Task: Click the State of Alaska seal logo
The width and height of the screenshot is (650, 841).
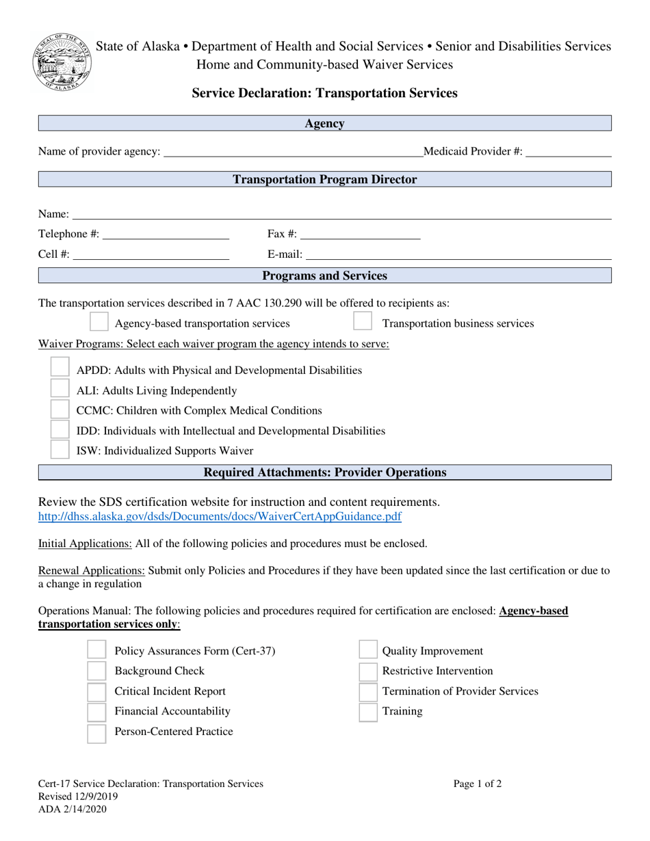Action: point(60,62)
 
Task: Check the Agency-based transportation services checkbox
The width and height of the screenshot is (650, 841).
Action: point(99,322)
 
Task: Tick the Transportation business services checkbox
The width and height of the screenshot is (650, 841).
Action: point(363,322)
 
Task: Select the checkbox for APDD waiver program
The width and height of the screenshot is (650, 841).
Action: point(60,369)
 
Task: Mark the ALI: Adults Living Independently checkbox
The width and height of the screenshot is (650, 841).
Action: point(60,389)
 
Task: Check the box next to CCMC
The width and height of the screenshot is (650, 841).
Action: point(60,409)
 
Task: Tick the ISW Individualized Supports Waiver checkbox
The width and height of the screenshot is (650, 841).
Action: point(60,449)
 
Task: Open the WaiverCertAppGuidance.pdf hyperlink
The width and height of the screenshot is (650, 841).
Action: point(220,516)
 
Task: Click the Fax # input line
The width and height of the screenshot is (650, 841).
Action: point(360,235)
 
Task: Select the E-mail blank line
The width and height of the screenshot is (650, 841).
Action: point(458,255)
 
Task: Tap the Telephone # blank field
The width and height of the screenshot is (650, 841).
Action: point(165,235)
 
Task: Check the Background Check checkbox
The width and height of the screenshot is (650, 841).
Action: point(97,671)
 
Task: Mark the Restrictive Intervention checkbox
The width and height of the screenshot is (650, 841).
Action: point(369,671)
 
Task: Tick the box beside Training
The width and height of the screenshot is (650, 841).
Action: point(369,711)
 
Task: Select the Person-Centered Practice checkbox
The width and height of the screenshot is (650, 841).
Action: point(97,732)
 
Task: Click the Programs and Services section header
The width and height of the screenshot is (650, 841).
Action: point(325,276)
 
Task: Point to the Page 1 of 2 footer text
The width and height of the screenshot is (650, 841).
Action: point(477,784)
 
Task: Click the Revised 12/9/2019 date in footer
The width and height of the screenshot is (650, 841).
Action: point(78,797)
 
